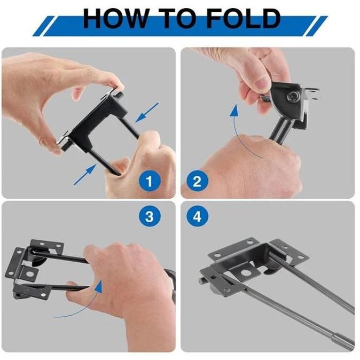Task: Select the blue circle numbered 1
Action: [x=150, y=182]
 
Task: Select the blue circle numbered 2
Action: [x=197, y=182]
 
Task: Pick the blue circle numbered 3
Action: [x=150, y=216]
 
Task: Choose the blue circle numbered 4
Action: [x=197, y=216]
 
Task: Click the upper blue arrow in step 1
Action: [x=147, y=113]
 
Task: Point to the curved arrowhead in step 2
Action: [x=234, y=111]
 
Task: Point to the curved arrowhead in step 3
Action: [x=99, y=286]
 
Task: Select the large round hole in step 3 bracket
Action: [x=29, y=274]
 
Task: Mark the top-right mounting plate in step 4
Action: [x=288, y=252]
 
